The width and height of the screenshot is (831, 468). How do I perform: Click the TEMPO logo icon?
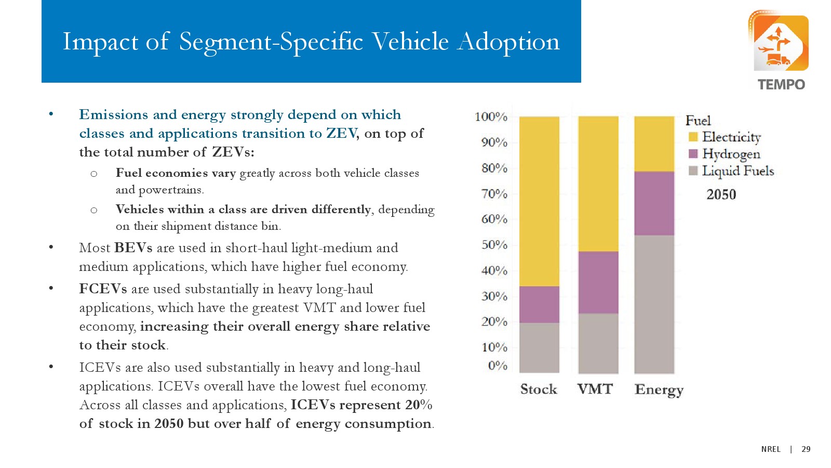[778, 43]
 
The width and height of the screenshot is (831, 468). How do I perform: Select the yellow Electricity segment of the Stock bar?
[539, 201]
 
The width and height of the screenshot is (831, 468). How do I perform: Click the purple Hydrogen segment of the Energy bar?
[654, 203]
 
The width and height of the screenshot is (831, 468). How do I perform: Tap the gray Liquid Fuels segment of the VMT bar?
[598, 343]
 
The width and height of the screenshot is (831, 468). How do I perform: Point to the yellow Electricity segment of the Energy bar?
[654, 144]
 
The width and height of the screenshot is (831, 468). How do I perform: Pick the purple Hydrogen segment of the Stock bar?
[539, 304]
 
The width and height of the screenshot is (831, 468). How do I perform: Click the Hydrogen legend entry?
[730, 154]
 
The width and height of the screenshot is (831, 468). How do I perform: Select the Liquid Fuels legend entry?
[738, 171]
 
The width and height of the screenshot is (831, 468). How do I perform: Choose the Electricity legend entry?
[731, 137]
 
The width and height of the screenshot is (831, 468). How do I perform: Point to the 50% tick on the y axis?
[494, 244]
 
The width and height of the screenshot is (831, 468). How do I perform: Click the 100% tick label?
[491, 117]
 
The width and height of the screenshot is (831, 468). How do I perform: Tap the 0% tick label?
[497, 366]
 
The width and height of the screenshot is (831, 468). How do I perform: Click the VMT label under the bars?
[595, 389]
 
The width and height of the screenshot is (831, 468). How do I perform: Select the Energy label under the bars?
[659, 389]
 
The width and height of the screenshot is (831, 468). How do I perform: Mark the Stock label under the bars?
[539, 389]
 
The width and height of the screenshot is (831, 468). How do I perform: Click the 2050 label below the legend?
[721, 194]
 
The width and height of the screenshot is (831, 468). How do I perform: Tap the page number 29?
[806, 449]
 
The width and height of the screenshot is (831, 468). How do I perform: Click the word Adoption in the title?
[508, 42]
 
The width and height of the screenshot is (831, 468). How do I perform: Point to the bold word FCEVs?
[103, 289]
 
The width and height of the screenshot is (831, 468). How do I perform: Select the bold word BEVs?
[133, 248]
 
